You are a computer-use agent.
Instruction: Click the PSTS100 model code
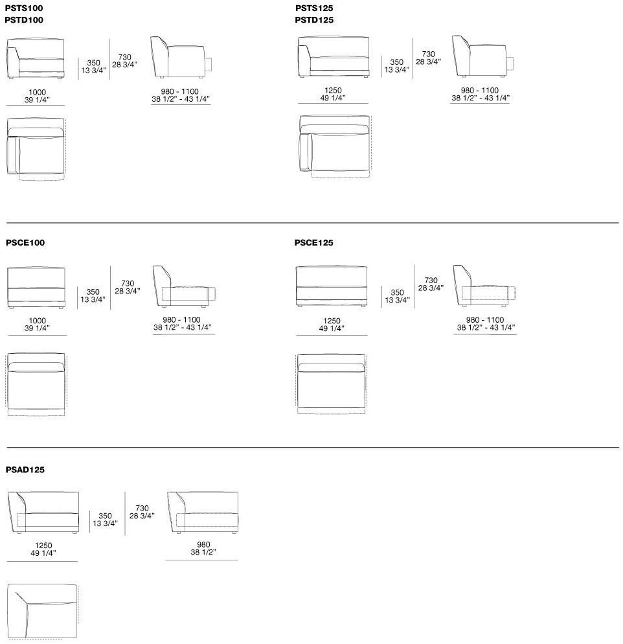[24, 8]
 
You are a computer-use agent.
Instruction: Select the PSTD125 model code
[314, 20]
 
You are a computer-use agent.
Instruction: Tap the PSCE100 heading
[25, 243]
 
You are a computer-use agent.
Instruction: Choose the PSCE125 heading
[313, 243]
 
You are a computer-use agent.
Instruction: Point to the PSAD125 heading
[25, 470]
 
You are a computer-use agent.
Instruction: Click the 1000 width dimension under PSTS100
[37, 93]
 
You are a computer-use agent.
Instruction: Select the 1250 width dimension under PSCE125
[332, 321]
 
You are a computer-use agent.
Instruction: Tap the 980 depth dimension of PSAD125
[203, 545]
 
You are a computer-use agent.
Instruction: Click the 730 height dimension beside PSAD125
[142, 509]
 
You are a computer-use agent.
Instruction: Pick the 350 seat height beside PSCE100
[93, 292]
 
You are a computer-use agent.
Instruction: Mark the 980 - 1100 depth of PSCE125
[484, 319]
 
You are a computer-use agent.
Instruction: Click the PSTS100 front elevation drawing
[36, 59]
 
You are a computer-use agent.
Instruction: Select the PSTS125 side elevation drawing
[482, 56]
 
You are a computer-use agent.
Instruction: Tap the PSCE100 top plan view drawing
[36, 384]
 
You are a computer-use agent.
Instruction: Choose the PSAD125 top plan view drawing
[43, 612]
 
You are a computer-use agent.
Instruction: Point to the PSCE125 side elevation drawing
[484, 286]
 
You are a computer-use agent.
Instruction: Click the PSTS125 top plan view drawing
[335, 146]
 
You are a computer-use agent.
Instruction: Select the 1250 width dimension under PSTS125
[333, 90]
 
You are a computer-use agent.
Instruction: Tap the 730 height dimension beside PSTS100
[125, 57]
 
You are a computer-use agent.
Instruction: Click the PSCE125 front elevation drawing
[332, 286]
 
